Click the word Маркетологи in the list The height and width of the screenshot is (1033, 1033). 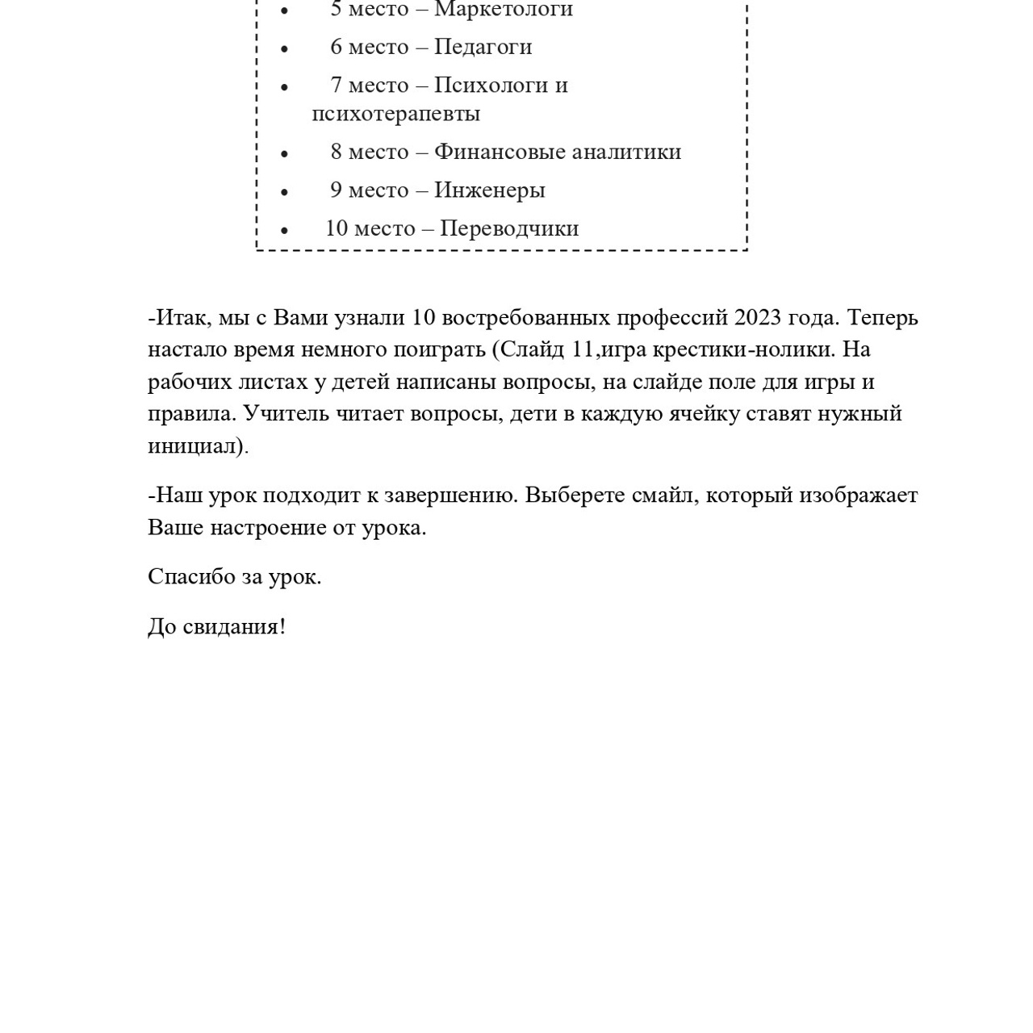[504, 10]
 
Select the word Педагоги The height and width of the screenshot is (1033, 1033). [483, 47]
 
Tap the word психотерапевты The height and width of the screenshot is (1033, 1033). [396, 114]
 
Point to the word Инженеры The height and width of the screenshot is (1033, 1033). [490, 190]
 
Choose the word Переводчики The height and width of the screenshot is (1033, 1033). [509, 228]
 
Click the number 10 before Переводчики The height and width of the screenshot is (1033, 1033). [337, 228]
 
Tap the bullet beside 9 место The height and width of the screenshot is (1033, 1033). [284, 191]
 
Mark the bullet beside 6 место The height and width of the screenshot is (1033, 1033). [284, 48]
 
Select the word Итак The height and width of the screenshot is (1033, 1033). [183, 318]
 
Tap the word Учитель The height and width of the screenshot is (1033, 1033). [286, 413]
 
